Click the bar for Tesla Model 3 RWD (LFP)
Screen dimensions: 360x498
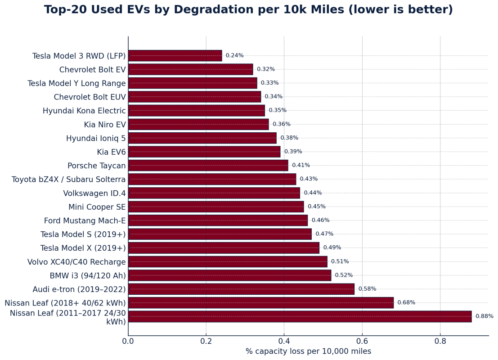[x=175, y=56]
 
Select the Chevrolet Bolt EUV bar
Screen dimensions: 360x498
[x=194, y=97]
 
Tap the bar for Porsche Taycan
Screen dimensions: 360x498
[x=208, y=166]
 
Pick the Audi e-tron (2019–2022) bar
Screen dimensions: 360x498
[x=241, y=289]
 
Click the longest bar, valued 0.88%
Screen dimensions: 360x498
[x=300, y=316]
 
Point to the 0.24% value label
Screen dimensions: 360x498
[x=234, y=56]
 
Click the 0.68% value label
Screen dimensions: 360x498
[x=406, y=303]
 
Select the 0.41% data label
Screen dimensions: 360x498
[x=301, y=166]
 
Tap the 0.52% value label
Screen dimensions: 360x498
[x=344, y=275]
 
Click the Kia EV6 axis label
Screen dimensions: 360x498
[x=111, y=152]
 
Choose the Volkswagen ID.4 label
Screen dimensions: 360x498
[x=94, y=193]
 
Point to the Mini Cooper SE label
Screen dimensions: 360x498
[x=97, y=207]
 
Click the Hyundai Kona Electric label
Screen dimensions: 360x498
[x=84, y=111]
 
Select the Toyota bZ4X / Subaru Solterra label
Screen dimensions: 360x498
[x=68, y=180]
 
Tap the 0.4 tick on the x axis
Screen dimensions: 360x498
[x=284, y=341]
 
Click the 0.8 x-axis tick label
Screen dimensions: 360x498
[x=440, y=341]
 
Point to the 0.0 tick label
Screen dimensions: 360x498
[x=128, y=341]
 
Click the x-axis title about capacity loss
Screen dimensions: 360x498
[x=308, y=351]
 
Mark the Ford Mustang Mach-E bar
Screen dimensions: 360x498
[x=218, y=220]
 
